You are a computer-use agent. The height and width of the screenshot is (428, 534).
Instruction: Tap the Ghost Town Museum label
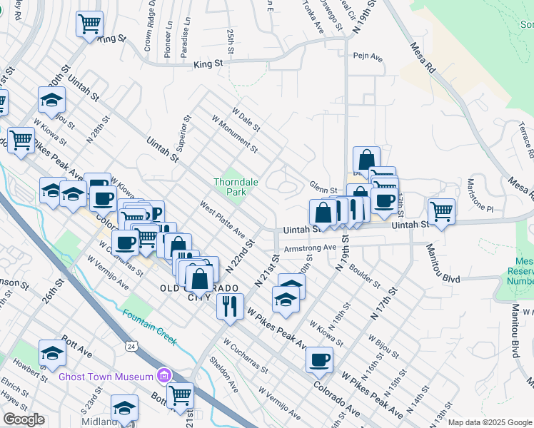106,376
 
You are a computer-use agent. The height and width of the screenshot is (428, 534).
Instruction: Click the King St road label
208,64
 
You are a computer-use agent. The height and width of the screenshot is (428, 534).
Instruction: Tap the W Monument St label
235,135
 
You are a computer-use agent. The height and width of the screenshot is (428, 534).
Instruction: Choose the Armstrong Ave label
310,248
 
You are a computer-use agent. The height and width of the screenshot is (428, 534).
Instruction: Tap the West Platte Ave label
223,219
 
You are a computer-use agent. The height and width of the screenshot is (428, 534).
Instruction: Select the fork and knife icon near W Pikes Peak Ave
229,306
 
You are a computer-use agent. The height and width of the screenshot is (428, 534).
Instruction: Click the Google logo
24,419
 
